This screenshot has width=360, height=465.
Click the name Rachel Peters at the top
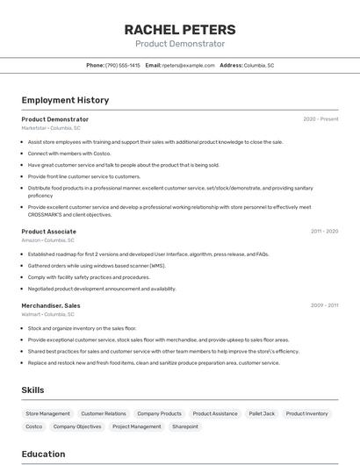(180, 29)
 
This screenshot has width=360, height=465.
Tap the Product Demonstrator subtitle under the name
(180, 44)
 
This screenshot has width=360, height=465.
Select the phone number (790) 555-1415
(122, 66)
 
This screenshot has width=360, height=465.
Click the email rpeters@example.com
(188, 66)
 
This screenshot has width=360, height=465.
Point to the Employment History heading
(65, 100)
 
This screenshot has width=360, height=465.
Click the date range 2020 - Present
(320, 119)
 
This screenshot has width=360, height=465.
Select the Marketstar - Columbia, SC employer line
(51, 128)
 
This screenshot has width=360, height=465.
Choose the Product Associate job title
(48, 232)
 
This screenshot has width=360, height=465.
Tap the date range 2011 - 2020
(324, 232)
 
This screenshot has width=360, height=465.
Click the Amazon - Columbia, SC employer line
(47, 240)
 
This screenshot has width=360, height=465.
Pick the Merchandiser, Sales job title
(51, 305)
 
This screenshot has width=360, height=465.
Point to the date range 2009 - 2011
(324, 305)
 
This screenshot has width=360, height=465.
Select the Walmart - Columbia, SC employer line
(47, 314)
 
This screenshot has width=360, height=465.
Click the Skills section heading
(32, 390)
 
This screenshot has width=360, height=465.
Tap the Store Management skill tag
(47, 413)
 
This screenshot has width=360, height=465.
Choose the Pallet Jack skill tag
(262, 413)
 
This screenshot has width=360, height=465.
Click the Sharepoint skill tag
(184, 426)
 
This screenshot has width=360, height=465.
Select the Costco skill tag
(33, 426)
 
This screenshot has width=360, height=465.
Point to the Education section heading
(43, 454)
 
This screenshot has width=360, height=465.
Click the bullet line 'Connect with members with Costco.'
(77, 153)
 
